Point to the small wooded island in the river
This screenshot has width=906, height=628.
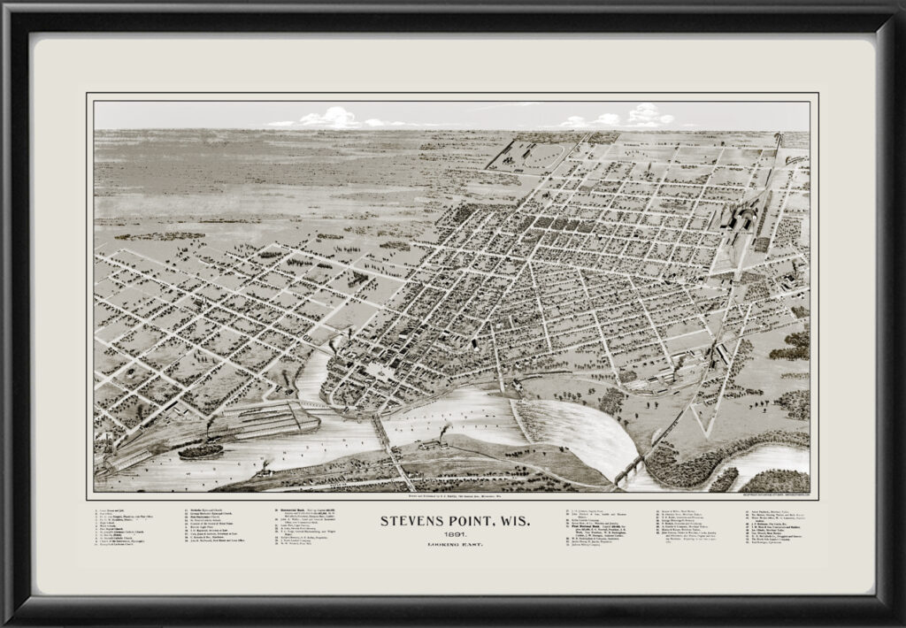(199, 450)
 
